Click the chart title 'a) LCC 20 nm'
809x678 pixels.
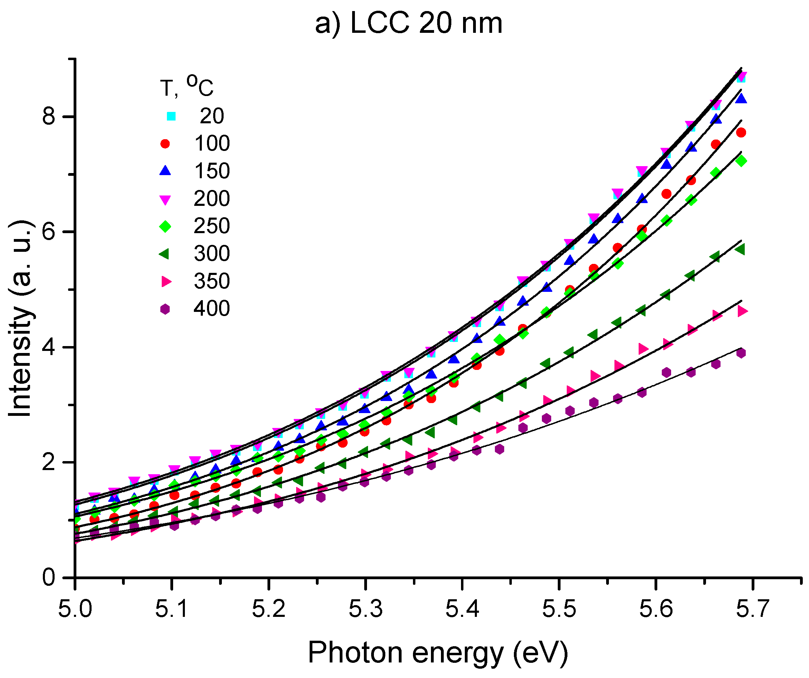pos(409,24)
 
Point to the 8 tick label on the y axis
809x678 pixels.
pos(49,116)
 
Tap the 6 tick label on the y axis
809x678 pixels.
pos(49,232)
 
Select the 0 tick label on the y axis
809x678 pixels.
pos(49,577)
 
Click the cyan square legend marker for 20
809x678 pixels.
pos(171,116)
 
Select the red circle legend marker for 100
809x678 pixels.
pos(165,144)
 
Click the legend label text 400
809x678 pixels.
pos(211,309)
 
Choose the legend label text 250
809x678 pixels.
pos(211,226)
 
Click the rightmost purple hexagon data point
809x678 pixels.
pos(741,353)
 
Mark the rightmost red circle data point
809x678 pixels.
pos(741,132)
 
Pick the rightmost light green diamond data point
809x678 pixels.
pos(741,161)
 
